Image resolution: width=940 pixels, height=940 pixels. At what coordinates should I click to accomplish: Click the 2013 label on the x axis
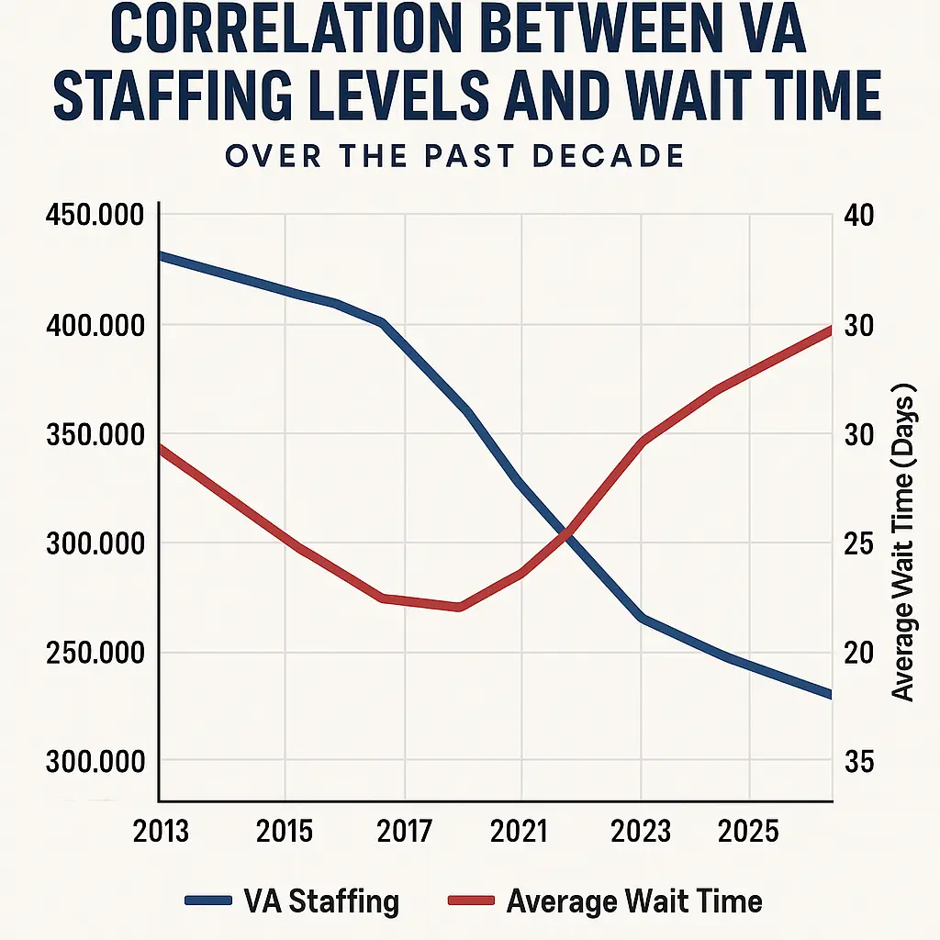161,831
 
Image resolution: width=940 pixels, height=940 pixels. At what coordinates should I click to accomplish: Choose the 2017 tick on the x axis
404,831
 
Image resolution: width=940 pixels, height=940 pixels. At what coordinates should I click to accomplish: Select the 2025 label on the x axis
749,831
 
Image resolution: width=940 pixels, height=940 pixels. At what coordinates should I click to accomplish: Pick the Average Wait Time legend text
633,901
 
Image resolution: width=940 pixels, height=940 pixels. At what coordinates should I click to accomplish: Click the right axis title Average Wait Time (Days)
905,542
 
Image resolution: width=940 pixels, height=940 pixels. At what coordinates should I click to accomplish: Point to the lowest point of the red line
459,607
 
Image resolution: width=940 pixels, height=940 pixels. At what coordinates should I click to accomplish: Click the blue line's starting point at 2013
162,255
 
